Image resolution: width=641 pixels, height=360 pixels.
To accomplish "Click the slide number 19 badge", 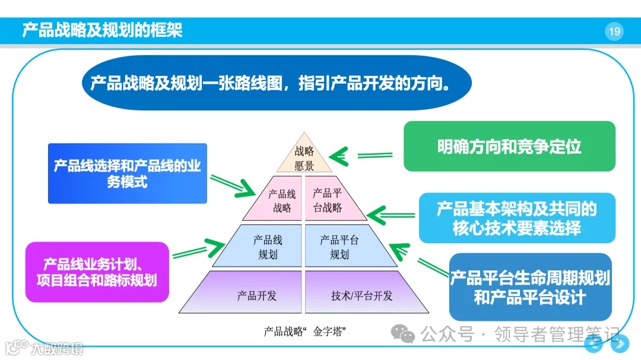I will click(614, 31).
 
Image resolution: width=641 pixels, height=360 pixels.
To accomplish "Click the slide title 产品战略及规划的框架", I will click(102, 30).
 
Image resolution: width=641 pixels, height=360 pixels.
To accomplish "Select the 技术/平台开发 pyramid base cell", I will click(361, 295).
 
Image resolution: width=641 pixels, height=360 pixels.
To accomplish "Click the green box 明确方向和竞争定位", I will click(509, 146).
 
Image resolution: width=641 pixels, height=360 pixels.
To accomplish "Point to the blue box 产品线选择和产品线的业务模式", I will click(127, 173).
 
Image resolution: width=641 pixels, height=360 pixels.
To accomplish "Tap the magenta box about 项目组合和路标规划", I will click(97, 272).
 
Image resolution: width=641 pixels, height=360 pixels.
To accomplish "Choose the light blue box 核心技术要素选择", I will click(516, 218).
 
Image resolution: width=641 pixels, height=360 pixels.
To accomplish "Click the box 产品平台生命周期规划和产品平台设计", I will click(530, 287).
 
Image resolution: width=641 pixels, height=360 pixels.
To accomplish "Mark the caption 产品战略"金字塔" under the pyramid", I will click(304, 332).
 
